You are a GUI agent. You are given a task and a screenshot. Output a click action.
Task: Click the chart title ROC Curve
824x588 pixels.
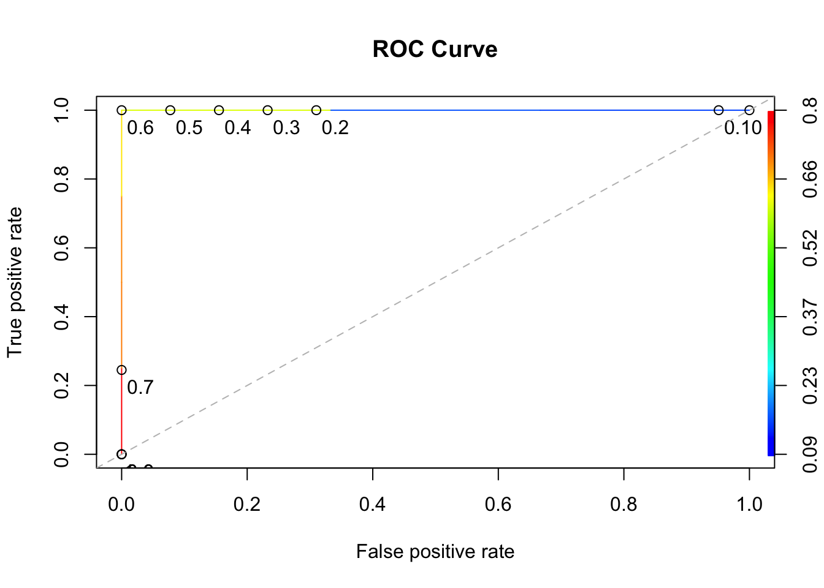pyautogui.click(x=435, y=49)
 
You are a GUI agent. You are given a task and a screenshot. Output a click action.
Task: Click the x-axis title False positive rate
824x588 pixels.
pyautogui.click(x=435, y=552)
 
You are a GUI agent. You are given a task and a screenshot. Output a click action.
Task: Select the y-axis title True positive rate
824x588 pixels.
pyautogui.click(x=15, y=282)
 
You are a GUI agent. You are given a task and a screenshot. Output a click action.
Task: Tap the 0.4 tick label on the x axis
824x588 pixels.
pyautogui.click(x=372, y=504)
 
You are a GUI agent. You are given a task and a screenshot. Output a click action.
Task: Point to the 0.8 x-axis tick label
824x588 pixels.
pyautogui.click(x=624, y=504)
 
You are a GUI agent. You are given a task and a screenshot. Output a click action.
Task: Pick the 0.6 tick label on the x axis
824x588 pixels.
pyautogui.click(x=498, y=504)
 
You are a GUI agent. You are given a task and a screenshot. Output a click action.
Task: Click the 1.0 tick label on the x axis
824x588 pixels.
pyautogui.click(x=749, y=504)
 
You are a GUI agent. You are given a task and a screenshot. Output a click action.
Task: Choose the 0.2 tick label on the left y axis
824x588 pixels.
pyautogui.click(x=61, y=385)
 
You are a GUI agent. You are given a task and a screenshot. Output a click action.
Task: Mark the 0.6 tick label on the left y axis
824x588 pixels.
pyautogui.click(x=61, y=247)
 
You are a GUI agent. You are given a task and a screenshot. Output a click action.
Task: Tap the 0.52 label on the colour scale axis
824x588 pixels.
pyautogui.click(x=810, y=247)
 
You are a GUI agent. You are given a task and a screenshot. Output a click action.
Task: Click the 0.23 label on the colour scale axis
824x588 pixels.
pyautogui.click(x=810, y=385)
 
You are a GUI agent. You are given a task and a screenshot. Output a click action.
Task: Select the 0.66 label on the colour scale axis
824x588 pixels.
pyautogui.click(x=810, y=179)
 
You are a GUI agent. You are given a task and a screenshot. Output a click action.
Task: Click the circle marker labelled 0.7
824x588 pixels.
pyautogui.click(x=121, y=370)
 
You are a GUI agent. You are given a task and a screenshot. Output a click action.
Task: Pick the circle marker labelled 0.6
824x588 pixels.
pyautogui.click(x=121, y=110)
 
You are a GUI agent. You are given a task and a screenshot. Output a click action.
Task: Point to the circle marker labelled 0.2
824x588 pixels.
pyautogui.click(x=316, y=110)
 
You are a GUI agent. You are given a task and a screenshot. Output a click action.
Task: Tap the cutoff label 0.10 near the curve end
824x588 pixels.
pyautogui.click(x=742, y=128)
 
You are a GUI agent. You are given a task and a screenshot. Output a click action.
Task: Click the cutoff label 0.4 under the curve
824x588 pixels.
pyautogui.click(x=238, y=128)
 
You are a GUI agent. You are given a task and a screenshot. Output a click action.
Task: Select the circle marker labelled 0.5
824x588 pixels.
pyautogui.click(x=170, y=110)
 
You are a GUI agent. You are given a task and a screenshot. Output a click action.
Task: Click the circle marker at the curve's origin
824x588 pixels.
pyautogui.click(x=121, y=454)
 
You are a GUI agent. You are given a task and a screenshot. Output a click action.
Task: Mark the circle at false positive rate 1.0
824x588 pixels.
pyautogui.click(x=749, y=110)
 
